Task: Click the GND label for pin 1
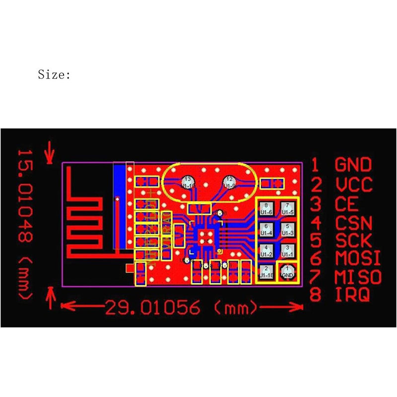[x=353, y=165]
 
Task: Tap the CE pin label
[x=345, y=203]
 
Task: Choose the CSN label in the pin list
[x=353, y=222]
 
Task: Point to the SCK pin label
[x=353, y=240]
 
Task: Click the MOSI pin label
[x=357, y=259]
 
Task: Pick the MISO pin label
[x=357, y=276]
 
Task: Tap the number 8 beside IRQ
[x=316, y=295]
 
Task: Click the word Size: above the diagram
[x=55, y=75]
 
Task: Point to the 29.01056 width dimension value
[x=152, y=308]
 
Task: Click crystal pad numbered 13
[x=187, y=181]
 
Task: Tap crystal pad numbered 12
[x=229, y=181]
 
